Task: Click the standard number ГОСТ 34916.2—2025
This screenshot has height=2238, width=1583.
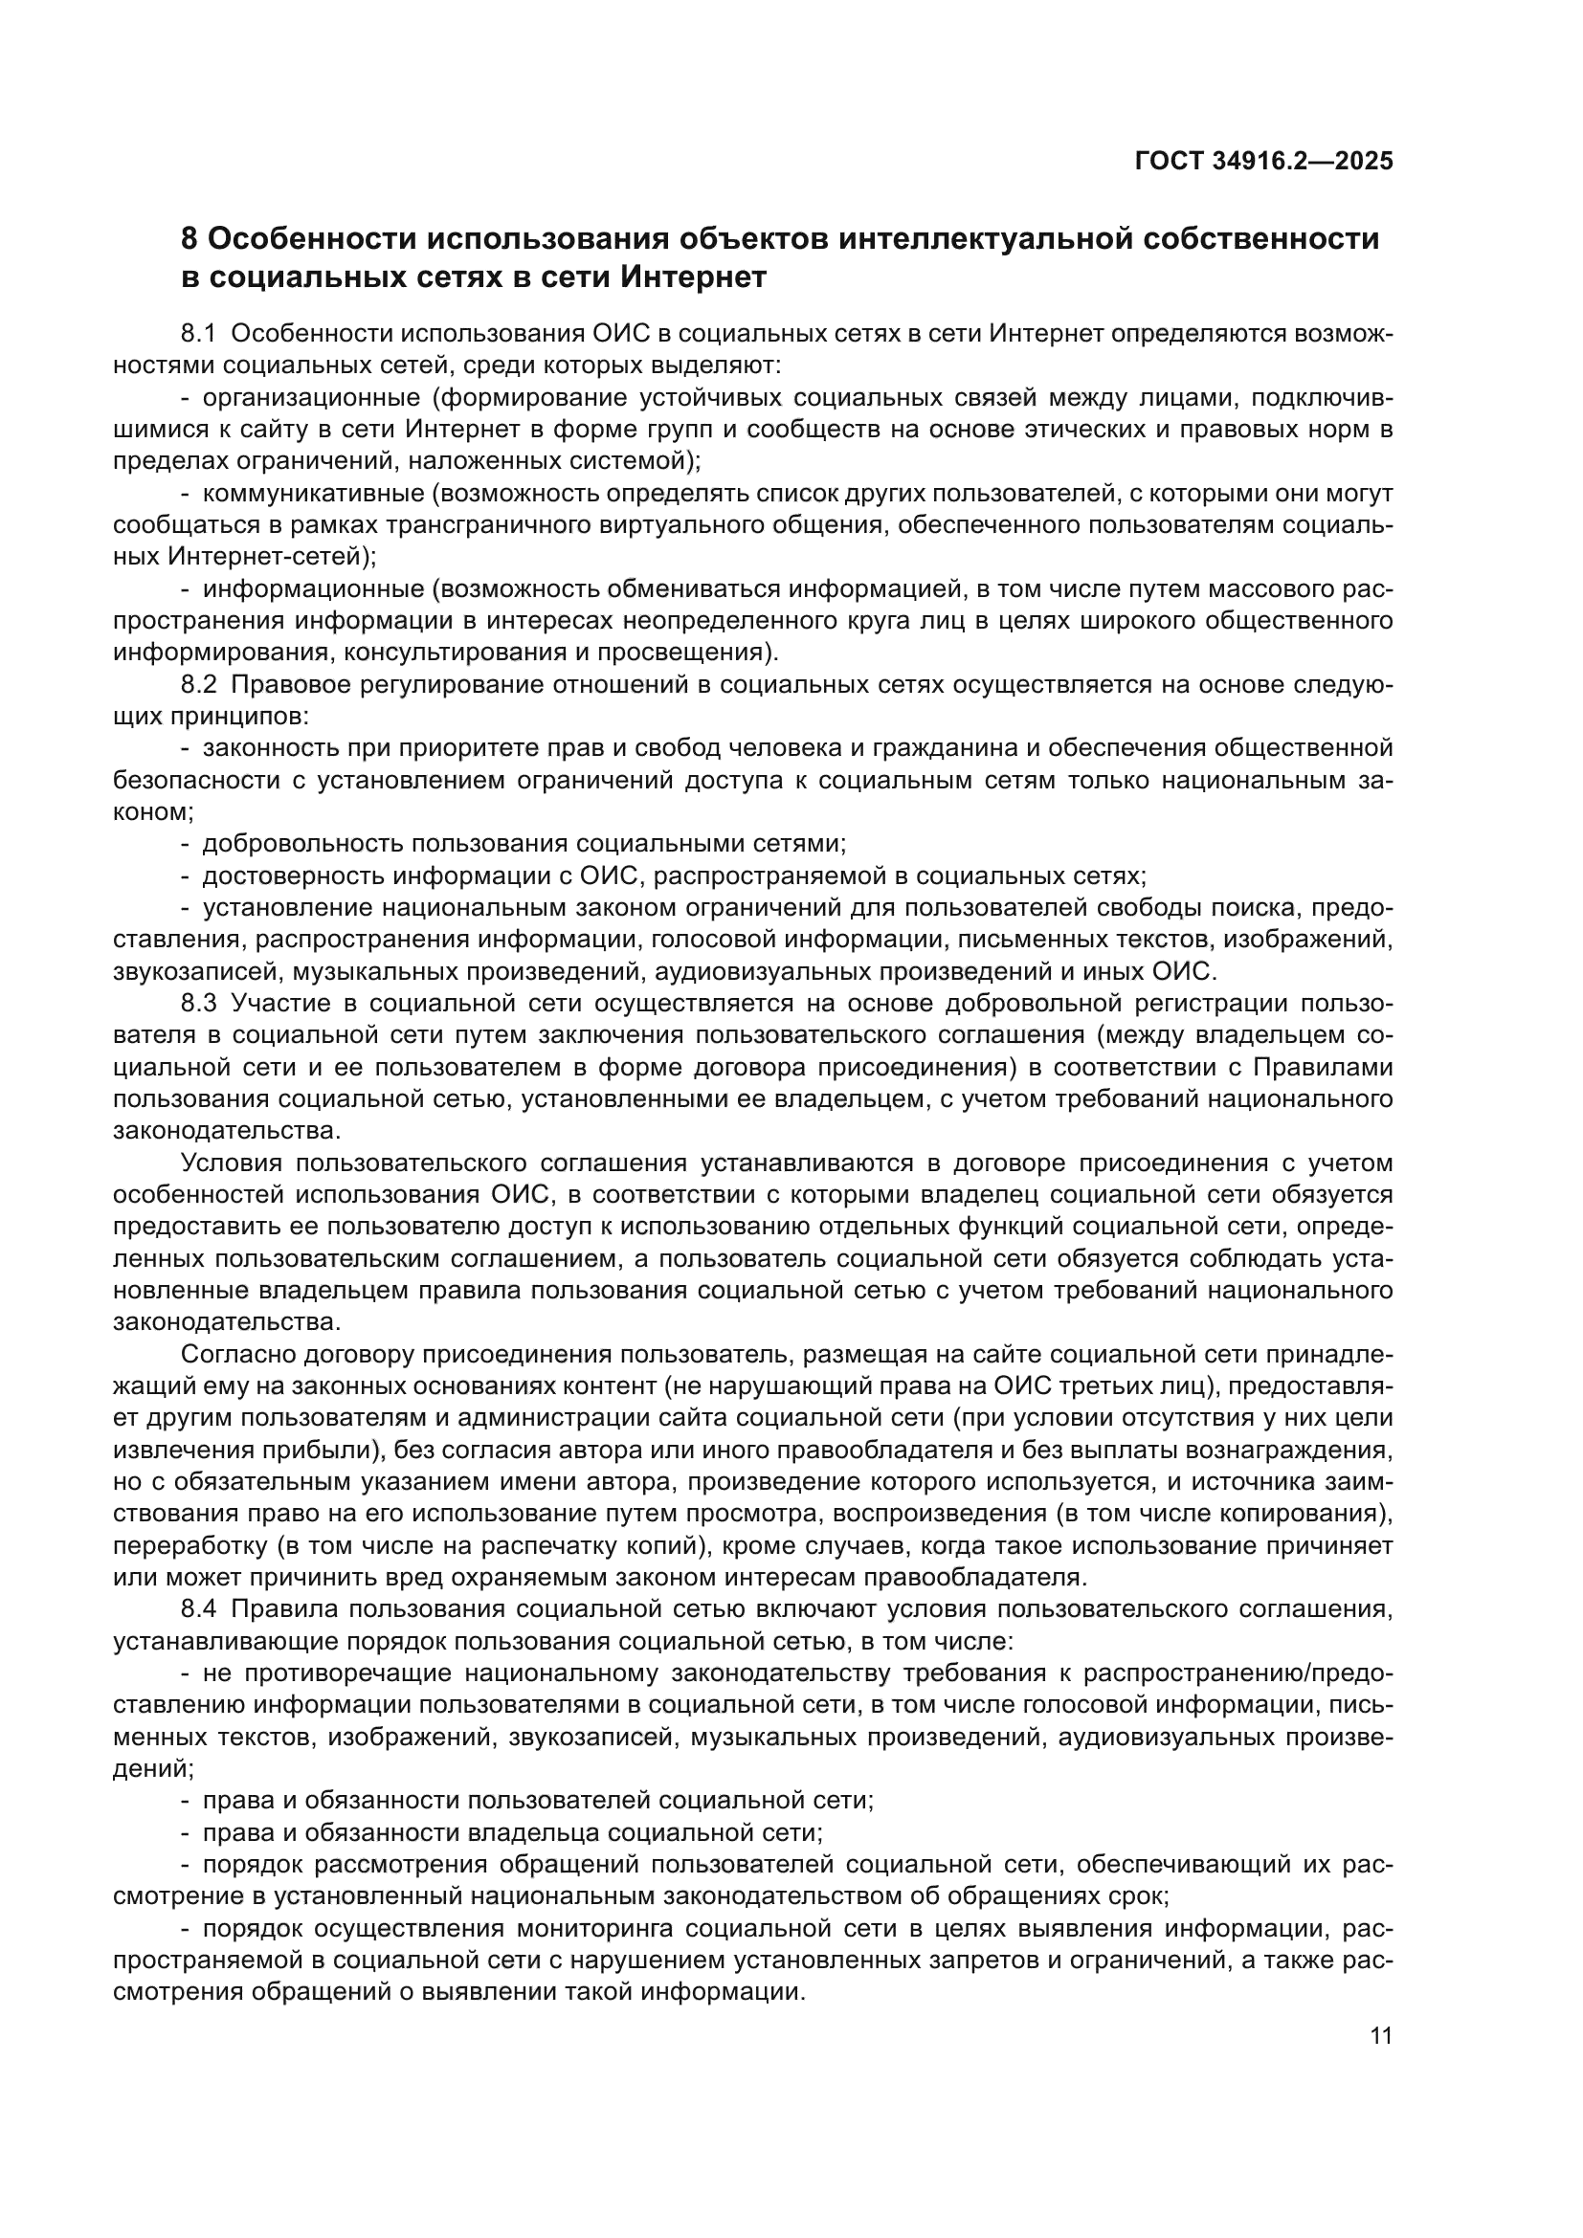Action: click(1263, 161)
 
